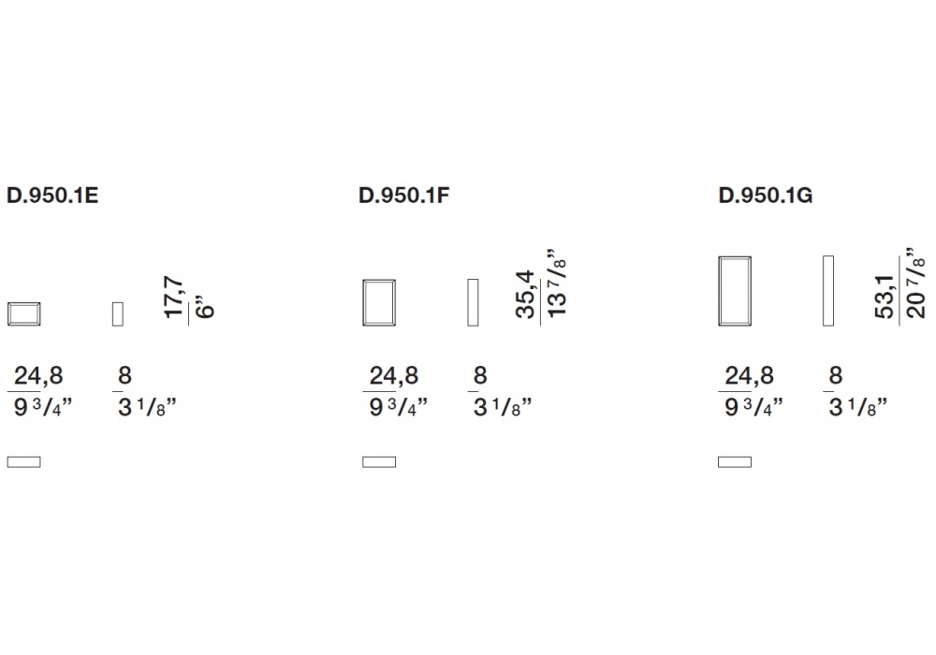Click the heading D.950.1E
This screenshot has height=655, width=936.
(52, 196)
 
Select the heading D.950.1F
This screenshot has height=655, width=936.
(403, 196)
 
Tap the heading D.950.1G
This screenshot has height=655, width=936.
(766, 196)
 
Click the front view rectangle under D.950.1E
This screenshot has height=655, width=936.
(24, 303)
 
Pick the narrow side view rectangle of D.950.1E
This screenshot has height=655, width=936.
(118, 314)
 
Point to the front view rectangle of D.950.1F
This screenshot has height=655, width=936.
(379, 280)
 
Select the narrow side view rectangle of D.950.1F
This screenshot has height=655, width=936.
(473, 302)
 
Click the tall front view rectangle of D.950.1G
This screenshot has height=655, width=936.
(735, 257)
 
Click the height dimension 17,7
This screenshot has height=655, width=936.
(174, 297)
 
